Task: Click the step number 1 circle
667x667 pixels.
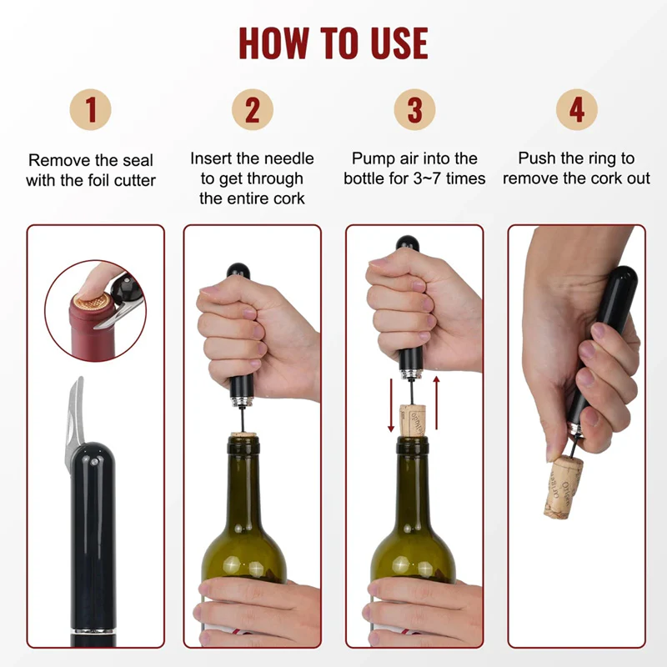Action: pos(91,109)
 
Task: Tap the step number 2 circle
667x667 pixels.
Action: pos(253,109)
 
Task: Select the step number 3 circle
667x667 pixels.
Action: pos(414,109)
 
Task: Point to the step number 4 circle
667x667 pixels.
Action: pos(576,109)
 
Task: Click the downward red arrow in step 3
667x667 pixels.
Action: pos(391,405)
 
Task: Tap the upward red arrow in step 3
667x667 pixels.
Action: pos(436,403)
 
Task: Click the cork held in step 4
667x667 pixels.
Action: pos(562,487)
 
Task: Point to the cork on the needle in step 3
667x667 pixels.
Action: pos(413,420)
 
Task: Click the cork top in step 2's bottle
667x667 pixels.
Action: pos(243,435)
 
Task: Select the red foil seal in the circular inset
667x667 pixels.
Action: pos(92,328)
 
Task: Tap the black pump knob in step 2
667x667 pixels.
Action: pos(238,271)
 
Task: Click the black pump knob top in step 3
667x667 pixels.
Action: pos(408,243)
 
